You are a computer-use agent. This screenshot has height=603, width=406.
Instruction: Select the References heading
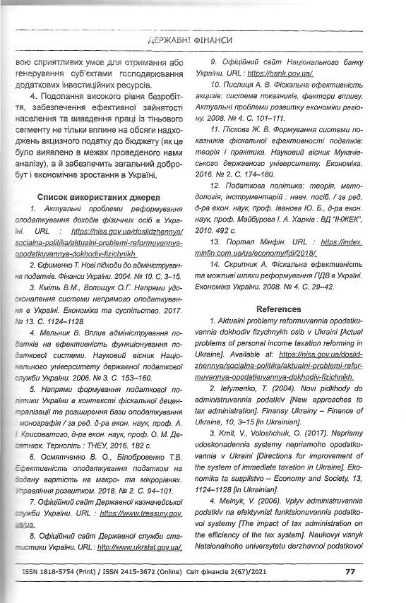pyautogui.click(x=279, y=309)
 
